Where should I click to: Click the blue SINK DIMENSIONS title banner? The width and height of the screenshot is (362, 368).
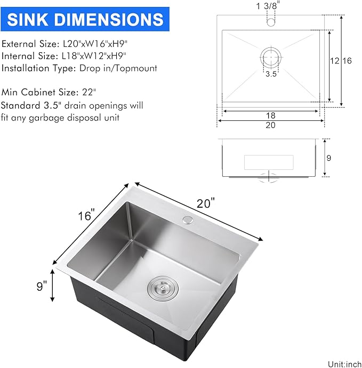[85, 20]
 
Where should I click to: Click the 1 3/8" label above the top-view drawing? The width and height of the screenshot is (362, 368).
[270, 6]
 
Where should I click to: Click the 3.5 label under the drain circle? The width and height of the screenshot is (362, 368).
[271, 75]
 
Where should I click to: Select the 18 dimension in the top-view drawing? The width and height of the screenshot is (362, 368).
[271, 116]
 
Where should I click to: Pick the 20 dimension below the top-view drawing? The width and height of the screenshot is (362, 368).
[270, 126]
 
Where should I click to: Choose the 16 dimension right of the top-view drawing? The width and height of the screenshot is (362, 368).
[347, 61]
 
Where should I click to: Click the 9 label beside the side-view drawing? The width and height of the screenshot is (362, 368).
[328, 158]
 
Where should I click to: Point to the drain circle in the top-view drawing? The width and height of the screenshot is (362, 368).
[270, 57]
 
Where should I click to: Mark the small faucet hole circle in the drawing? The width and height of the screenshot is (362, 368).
[270, 23]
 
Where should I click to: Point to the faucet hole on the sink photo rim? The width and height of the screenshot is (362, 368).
[188, 220]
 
